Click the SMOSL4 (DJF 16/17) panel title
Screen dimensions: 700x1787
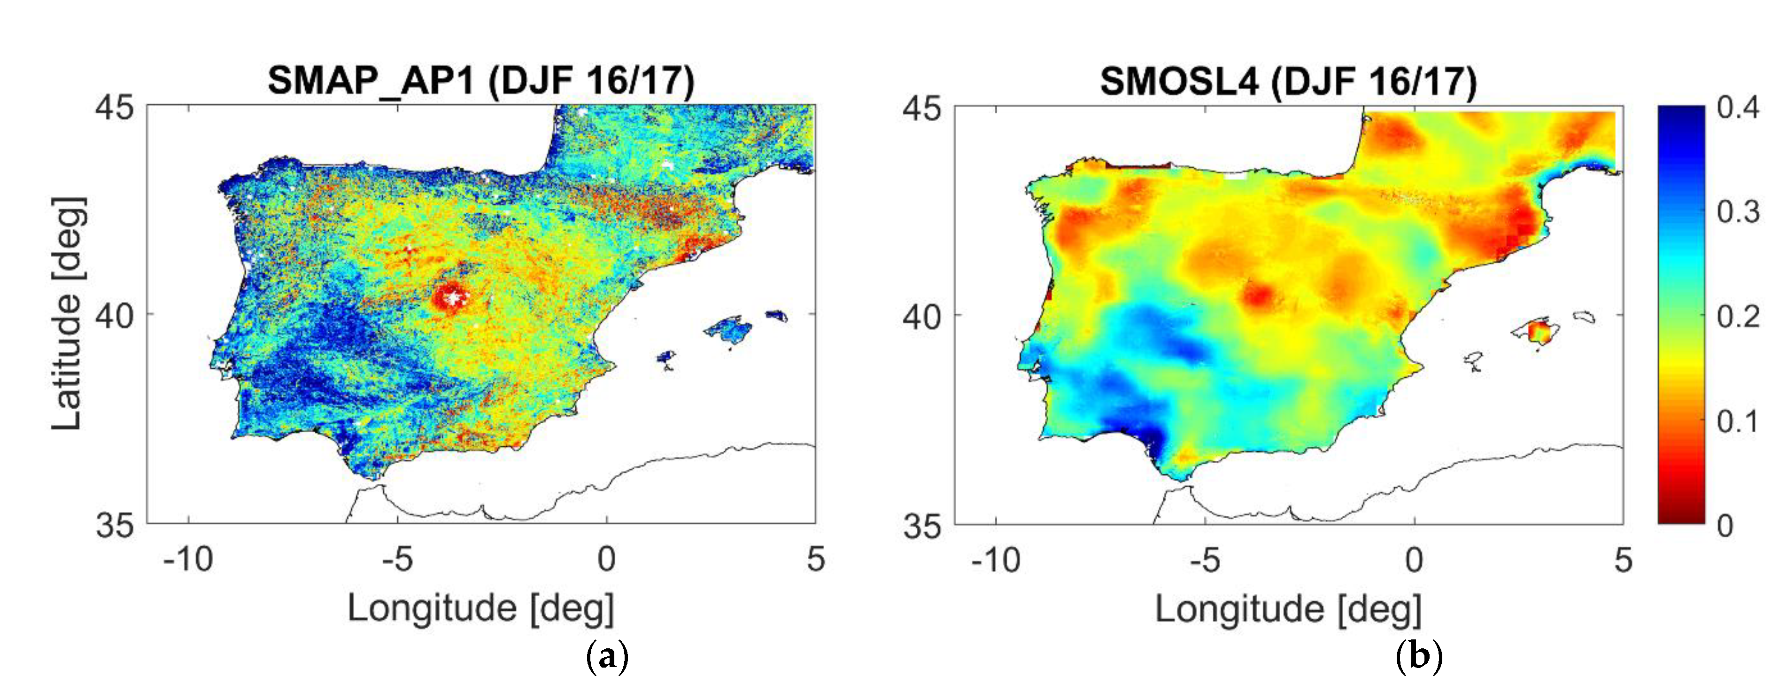click(x=1288, y=82)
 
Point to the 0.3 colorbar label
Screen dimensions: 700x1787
click(x=1738, y=211)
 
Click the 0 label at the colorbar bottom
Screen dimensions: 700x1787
click(x=1725, y=526)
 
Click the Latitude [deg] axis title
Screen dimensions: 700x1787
click(x=68, y=313)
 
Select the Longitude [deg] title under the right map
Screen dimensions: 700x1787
click(x=1288, y=610)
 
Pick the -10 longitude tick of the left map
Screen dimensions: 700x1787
click(x=188, y=559)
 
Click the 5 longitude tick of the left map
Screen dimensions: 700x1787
click(x=816, y=559)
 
